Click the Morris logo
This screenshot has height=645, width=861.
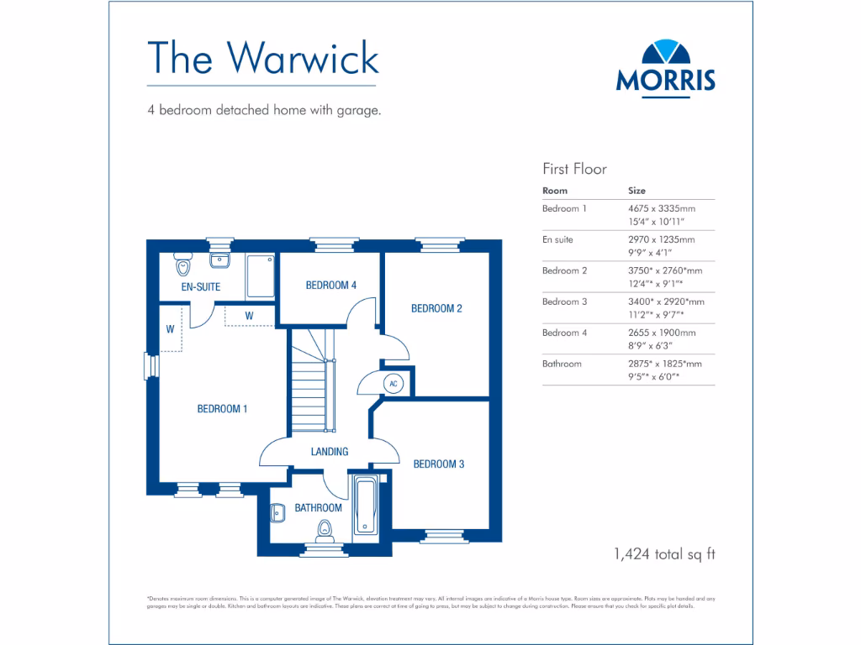pyautogui.click(x=665, y=66)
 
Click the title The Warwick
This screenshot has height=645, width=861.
pyautogui.click(x=262, y=58)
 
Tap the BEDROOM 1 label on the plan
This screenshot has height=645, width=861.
pyautogui.click(x=222, y=409)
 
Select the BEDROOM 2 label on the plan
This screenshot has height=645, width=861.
pyautogui.click(x=436, y=308)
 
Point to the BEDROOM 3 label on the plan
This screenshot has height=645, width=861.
pyautogui.click(x=438, y=464)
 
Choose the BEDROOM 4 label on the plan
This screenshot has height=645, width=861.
pyautogui.click(x=330, y=286)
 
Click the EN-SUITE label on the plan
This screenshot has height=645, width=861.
pyautogui.click(x=201, y=287)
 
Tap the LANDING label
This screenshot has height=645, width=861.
pyautogui.click(x=330, y=452)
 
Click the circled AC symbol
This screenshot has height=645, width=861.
pyautogui.click(x=393, y=383)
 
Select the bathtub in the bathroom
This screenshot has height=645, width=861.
pyautogui.click(x=367, y=506)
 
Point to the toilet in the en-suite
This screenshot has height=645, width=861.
pyautogui.click(x=183, y=266)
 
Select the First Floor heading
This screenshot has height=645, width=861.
pyautogui.click(x=574, y=169)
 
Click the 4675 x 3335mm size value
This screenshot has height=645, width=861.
pyautogui.click(x=662, y=208)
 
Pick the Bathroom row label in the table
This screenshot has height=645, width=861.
pyautogui.click(x=562, y=364)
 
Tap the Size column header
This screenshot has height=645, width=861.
pyautogui.click(x=637, y=191)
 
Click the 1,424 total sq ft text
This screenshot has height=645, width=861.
pyautogui.click(x=664, y=553)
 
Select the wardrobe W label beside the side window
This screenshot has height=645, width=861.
pyautogui.click(x=170, y=329)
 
